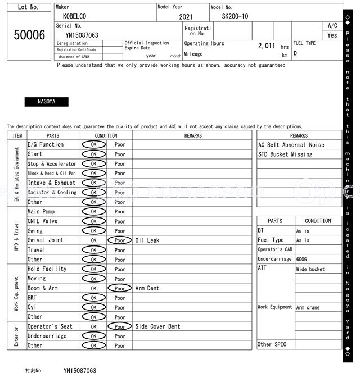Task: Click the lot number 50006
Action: (29, 35)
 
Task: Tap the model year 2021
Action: (186, 17)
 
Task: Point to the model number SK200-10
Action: (235, 16)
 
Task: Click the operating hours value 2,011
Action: (267, 46)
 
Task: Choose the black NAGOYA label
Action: (46, 102)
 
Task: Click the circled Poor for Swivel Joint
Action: (120, 240)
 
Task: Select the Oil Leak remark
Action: (147, 240)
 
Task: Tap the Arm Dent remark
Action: (147, 289)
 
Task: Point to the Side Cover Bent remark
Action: (157, 327)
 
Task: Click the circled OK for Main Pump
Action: (93, 212)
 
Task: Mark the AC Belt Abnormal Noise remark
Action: (291, 145)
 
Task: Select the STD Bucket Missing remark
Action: (285, 154)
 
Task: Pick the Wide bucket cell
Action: (310, 270)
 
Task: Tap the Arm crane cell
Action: (308, 308)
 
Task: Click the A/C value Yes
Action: (332, 35)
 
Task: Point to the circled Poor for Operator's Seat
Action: (120, 327)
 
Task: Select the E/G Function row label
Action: (46, 145)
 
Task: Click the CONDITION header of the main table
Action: (106, 135)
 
